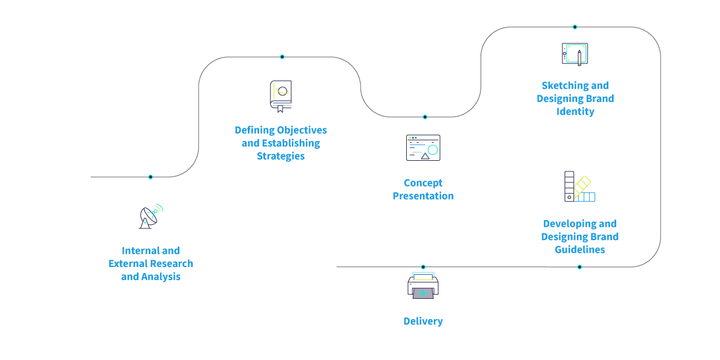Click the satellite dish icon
coord(151,217)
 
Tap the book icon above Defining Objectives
coord(280,97)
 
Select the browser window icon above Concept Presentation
coord(423,148)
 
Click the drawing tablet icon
coord(574,54)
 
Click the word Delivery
coord(423,321)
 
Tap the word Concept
coord(423,183)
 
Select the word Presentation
coord(423,196)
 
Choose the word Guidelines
coord(579,250)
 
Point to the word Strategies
coord(281,156)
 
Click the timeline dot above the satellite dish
coord(151,176)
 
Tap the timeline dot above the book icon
coord(282,57)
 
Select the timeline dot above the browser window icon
coord(425,117)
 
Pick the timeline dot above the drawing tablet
coord(575,27)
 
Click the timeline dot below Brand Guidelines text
coord(580,266)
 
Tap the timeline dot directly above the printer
coord(423,266)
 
